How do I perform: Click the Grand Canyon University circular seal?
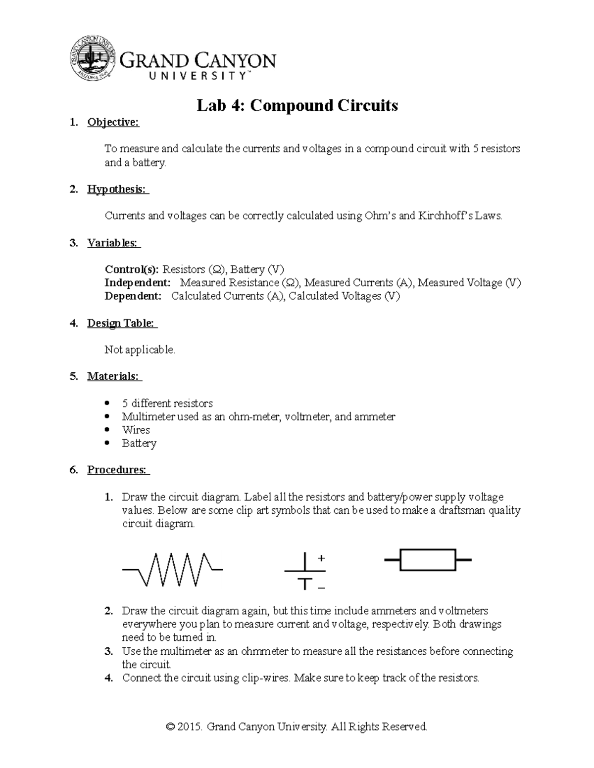(x=93, y=58)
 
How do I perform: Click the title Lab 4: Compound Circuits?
(x=297, y=105)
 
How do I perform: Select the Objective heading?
(x=113, y=123)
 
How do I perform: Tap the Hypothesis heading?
(x=118, y=189)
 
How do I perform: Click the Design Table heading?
(x=122, y=323)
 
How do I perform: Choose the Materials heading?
(x=114, y=376)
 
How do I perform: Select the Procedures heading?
(x=118, y=470)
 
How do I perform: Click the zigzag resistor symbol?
(x=172, y=569)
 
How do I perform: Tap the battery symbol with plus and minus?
(x=305, y=572)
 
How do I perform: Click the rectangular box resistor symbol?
(x=428, y=560)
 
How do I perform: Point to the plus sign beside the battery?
(x=321, y=558)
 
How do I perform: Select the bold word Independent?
(x=137, y=283)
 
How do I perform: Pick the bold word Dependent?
(x=133, y=296)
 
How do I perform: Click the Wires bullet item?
(x=136, y=430)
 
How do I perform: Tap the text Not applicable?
(x=140, y=350)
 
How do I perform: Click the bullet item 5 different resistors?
(x=167, y=403)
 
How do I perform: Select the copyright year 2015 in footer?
(x=190, y=726)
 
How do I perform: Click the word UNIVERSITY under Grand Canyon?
(x=197, y=76)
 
